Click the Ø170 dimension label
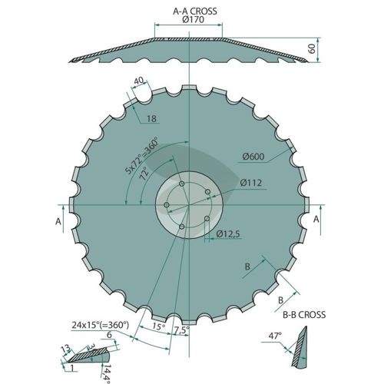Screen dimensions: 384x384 coord(194,19)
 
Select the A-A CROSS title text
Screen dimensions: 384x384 coord(195,11)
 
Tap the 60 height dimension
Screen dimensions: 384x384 coord(312,48)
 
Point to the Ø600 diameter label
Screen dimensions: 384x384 coord(253,156)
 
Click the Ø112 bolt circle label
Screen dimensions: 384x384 coord(251,183)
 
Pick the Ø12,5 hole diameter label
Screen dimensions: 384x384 coord(228,234)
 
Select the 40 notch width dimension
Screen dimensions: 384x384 coord(138,81)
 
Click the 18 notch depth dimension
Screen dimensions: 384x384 coord(151,118)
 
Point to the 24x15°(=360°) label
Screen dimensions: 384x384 coord(100,325)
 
